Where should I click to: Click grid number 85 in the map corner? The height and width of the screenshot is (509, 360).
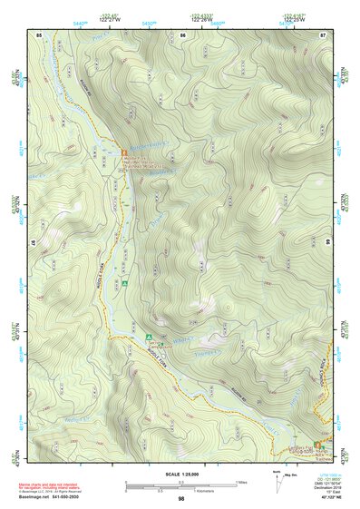[x=39, y=34]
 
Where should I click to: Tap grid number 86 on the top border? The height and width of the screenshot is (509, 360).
[x=182, y=34]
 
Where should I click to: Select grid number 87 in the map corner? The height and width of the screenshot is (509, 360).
[x=323, y=34]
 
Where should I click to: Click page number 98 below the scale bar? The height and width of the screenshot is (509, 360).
[x=181, y=498]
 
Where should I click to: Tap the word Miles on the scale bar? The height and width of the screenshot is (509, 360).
[x=240, y=482]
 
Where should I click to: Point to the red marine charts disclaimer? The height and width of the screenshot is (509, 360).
[x=54, y=485]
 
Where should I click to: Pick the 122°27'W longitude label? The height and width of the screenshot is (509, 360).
[x=109, y=18]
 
